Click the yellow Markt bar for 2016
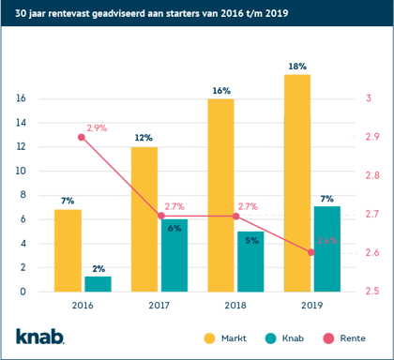68,237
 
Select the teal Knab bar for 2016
98,257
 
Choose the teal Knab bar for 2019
326,236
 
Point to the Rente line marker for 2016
82,137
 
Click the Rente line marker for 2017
159,216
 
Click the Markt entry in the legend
223,335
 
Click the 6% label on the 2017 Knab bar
174,228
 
